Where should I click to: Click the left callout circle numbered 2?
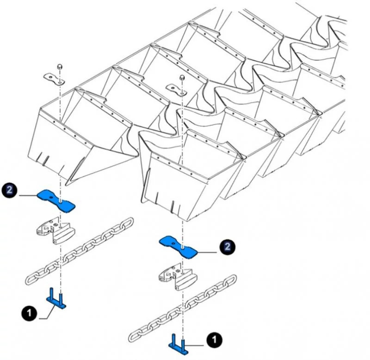tap(10, 190)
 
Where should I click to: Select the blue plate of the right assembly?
tap(178, 246)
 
